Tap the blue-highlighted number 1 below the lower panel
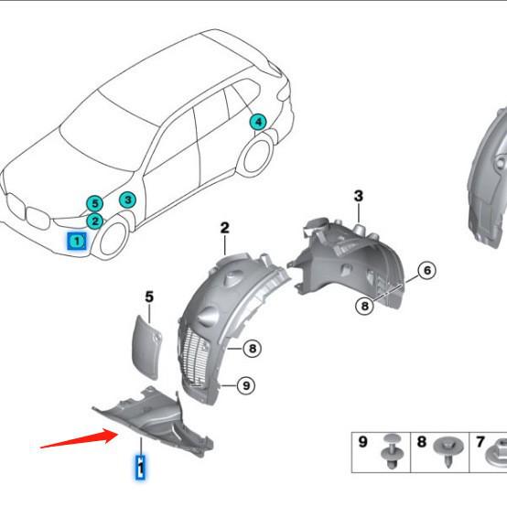point(140,468)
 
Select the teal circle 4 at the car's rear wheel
point(258,122)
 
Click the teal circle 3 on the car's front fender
point(127,200)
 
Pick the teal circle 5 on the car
point(94,203)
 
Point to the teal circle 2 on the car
point(94,221)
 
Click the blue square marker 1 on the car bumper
point(78,241)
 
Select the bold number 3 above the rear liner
point(359,196)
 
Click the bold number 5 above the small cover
point(149,296)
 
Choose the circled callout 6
point(426,270)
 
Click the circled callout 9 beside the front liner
point(245,385)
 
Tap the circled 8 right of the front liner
point(253,348)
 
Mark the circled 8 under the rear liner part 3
point(365,307)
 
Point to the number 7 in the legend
point(480,442)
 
